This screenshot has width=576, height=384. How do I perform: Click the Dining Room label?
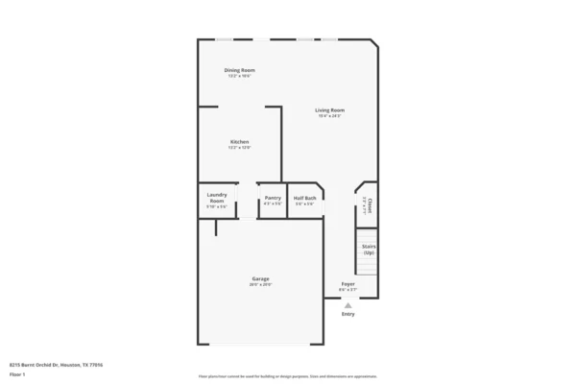click(x=239, y=70)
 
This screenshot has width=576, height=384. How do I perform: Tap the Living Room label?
click(x=329, y=110)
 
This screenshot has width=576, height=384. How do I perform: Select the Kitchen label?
click(x=239, y=142)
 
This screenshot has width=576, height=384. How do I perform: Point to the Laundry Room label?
click(x=217, y=197)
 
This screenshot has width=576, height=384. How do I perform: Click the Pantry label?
click(x=273, y=198)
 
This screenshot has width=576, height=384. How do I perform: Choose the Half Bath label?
click(x=305, y=198)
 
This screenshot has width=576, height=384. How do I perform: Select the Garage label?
click(x=260, y=279)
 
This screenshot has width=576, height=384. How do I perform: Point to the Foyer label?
click(x=348, y=284)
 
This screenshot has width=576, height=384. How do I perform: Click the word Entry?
click(x=348, y=314)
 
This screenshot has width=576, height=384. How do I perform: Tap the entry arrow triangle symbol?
click(x=348, y=305)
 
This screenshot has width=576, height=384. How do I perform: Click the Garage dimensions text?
click(x=260, y=285)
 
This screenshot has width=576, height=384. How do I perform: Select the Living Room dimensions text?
click(x=329, y=116)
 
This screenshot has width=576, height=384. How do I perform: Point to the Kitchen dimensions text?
click(x=239, y=148)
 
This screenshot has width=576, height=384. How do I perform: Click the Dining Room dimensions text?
click(x=239, y=76)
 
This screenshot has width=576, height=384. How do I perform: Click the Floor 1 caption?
click(x=16, y=373)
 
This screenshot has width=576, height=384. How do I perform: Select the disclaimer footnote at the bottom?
click(x=288, y=376)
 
